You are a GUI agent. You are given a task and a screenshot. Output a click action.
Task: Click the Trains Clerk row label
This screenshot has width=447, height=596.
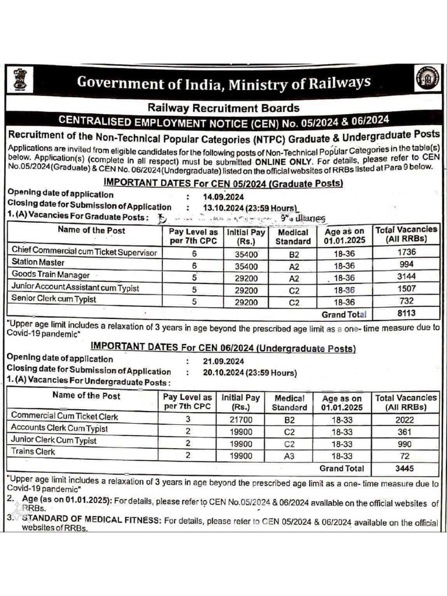pyautogui.click(x=33, y=452)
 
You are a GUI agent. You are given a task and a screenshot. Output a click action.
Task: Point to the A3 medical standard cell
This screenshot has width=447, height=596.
pyautogui.click(x=289, y=456)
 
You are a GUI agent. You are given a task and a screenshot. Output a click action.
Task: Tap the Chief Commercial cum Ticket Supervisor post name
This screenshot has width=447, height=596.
pyautogui.click(x=84, y=251)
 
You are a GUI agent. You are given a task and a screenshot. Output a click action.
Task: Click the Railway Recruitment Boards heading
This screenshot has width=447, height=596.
pyautogui.click(x=223, y=108)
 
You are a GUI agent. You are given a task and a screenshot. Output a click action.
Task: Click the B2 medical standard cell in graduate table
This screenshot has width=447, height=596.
pyautogui.click(x=293, y=252)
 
